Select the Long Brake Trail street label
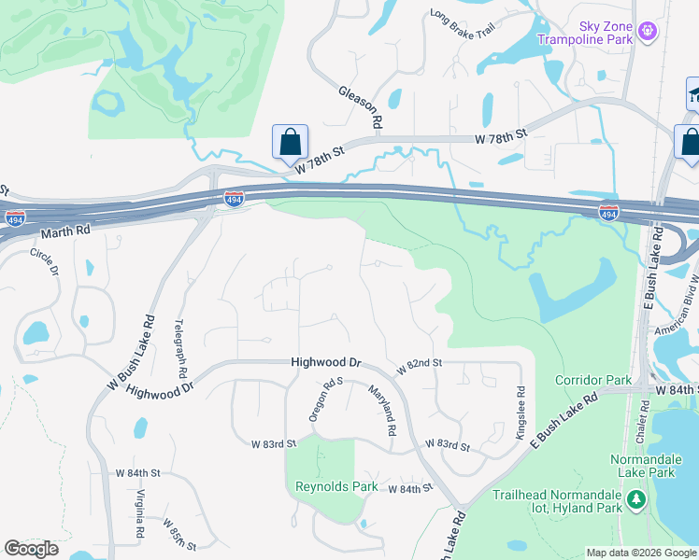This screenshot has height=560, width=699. click(x=460, y=29)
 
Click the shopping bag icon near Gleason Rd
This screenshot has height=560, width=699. click(x=291, y=144)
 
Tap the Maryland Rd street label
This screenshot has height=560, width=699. click(x=383, y=412)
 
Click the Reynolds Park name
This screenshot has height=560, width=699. click(x=336, y=486)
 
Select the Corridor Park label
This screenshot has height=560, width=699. click(x=593, y=381)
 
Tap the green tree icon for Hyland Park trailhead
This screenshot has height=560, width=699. click(x=636, y=500)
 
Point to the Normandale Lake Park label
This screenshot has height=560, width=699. click(x=655, y=466)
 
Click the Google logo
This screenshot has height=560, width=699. click(x=32, y=549)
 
